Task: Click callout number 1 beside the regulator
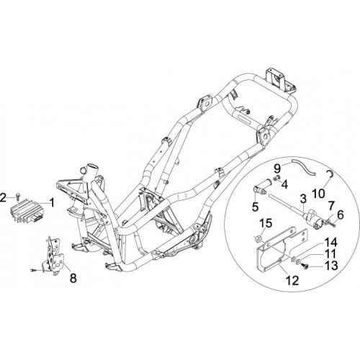(x=52, y=202)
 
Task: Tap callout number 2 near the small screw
(x=3, y=198)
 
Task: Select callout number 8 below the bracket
(x=73, y=278)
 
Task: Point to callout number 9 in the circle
(x=277, y=168)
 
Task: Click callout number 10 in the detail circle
(x=318, y=193)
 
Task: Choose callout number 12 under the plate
(x=293, y=280)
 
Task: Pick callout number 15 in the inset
(x=266, y=223)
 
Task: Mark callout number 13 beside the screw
(x=331, y=265)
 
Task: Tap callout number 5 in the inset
(x=256, y=206)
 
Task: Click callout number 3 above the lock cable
(x=303, y=199)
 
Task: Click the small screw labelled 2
(x=18, y=198)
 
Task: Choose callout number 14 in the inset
(x=331, y=243)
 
